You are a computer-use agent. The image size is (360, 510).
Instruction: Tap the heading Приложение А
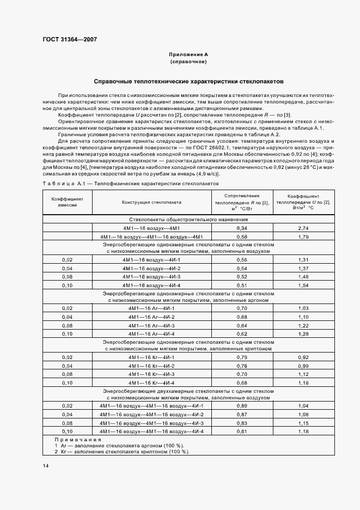click(x=188, y=55)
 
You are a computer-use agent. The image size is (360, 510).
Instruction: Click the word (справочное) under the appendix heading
click(x=188, y=62)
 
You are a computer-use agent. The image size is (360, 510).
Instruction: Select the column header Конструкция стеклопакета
click(x=151, y=202)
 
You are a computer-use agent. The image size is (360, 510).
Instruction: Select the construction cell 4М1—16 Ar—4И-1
click(x=151, y=308)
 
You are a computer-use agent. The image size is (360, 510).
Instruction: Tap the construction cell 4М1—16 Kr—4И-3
click(x=151, y=375)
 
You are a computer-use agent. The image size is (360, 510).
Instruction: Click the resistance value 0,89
click(x=242, y=406)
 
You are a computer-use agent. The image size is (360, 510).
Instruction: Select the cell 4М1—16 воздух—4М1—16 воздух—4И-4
click(x=151, y=432)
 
